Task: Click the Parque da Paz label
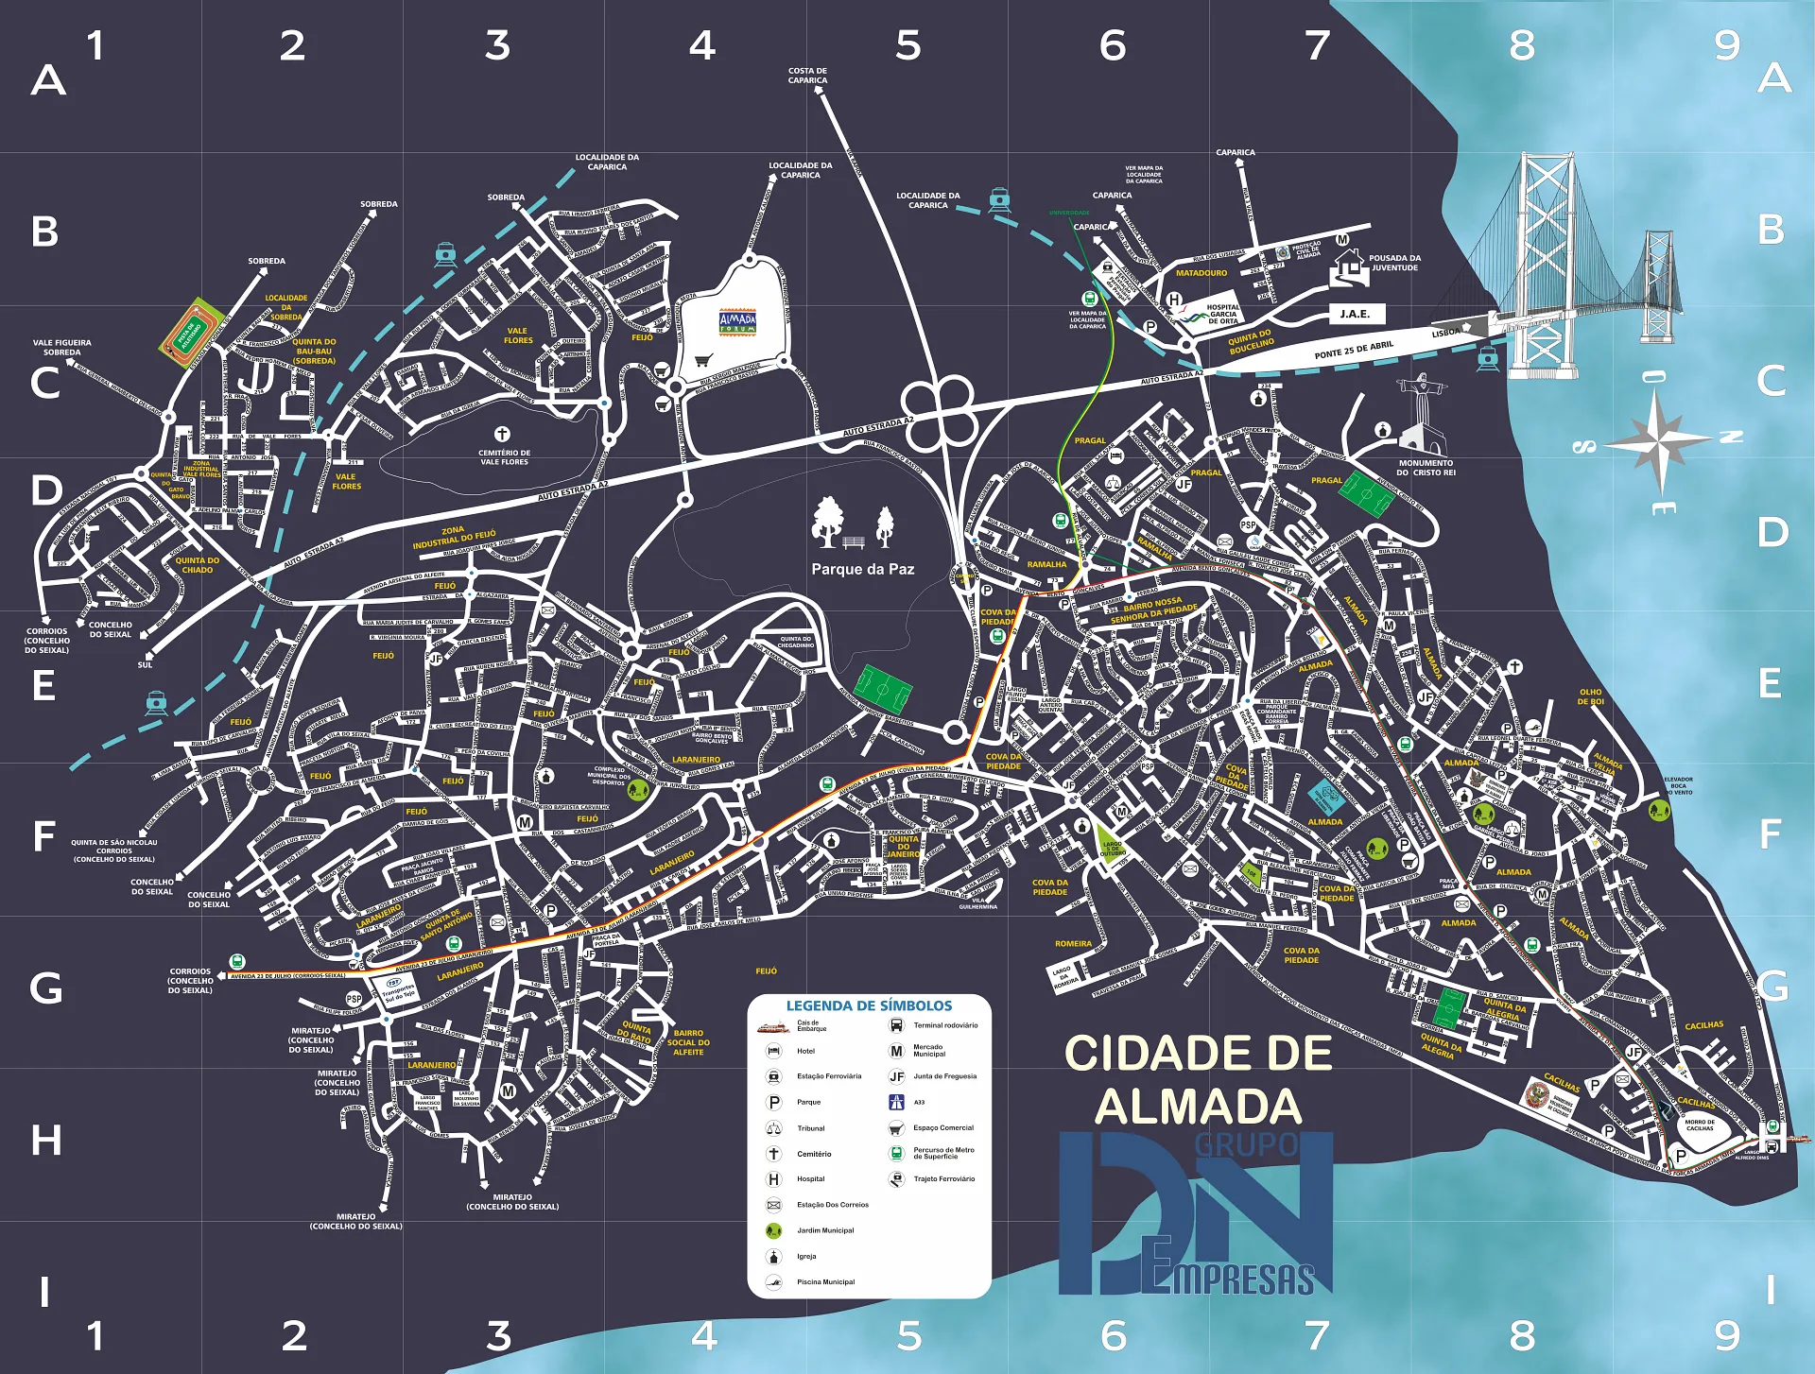coord(862,569)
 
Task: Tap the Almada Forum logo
coord(737,322)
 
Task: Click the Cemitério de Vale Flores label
coord(505,457)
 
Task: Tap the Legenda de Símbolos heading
coord(869,1005)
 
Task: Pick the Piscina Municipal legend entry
coord(824,1281)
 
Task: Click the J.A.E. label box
coord(1355,314)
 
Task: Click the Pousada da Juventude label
coord(1394,263)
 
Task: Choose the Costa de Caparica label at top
coord(807,76)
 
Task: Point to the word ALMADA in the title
coord(1198,1107)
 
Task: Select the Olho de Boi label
coord(1590,696)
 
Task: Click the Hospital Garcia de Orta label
coord(1222,314)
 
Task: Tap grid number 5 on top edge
coord(907,45)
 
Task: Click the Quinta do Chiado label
coord(197,565)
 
